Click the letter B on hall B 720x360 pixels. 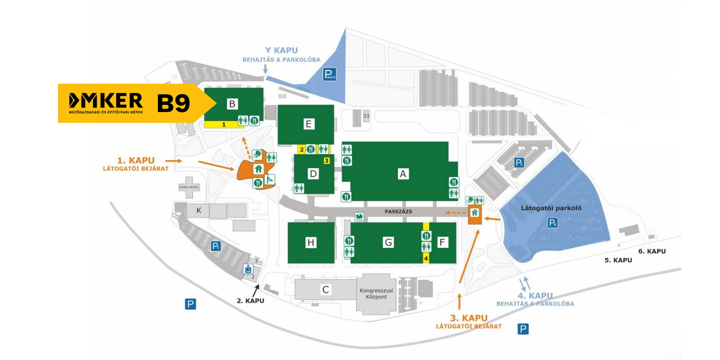click(232, 104)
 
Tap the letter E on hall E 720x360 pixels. click(308, 124)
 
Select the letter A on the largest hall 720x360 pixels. click(403, 174)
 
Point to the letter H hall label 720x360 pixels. click(310, 243)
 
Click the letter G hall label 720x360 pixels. click(388, 243)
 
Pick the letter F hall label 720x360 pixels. click(442, 243)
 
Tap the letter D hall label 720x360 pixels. click(313, 174)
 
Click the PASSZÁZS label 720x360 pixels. click(398, 211)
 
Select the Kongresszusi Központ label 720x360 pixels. click(376, 294)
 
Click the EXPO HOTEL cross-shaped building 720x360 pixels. click(189, 187)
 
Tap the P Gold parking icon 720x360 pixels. click(329, 74)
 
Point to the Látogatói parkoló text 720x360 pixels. click(551, 208)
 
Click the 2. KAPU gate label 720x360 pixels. click(250, 301)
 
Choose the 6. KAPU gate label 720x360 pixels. click(652, 251)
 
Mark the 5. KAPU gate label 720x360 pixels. click(618, 260)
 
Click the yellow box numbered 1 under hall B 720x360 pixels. click(224, 125)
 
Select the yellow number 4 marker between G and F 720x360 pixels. click(426, 258)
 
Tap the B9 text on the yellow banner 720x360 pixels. click(173, 103)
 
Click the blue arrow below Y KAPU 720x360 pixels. click(265, 69)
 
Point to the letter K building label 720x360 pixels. click(198, 210)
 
